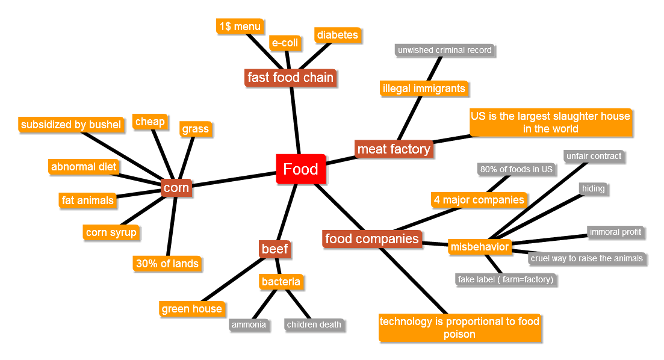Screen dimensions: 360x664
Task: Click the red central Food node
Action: [x=300, y=169]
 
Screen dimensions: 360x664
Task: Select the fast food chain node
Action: [x=290, y=78]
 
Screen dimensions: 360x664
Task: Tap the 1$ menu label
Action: [x=240, y=26]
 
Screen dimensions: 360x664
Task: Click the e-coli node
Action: [x=285, y=43]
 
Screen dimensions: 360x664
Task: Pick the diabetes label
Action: [x=337, y=35]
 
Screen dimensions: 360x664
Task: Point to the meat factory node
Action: [x=394, y=149]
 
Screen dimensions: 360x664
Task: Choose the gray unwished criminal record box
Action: [x=444, y=50]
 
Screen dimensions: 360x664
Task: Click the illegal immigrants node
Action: [x=424, y=88]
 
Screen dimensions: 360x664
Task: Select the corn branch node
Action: [x=176, y=188]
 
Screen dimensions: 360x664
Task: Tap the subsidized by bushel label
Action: [x=71, y=125]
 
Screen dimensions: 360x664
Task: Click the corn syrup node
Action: [x=111, y=232]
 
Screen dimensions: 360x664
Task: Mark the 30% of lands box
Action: [x=167, y=263]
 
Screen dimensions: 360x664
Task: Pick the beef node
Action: [x=275, y=249]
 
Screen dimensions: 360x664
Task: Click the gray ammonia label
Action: [x=248, y=324]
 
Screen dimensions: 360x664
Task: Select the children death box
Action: [x=314, y=324]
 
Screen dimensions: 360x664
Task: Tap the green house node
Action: [x=191, y=309]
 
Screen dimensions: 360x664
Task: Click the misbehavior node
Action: [x=479, y=247]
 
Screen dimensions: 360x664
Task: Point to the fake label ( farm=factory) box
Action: [x=505, y=279]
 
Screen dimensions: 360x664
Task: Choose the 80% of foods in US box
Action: [x=517, y=169]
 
